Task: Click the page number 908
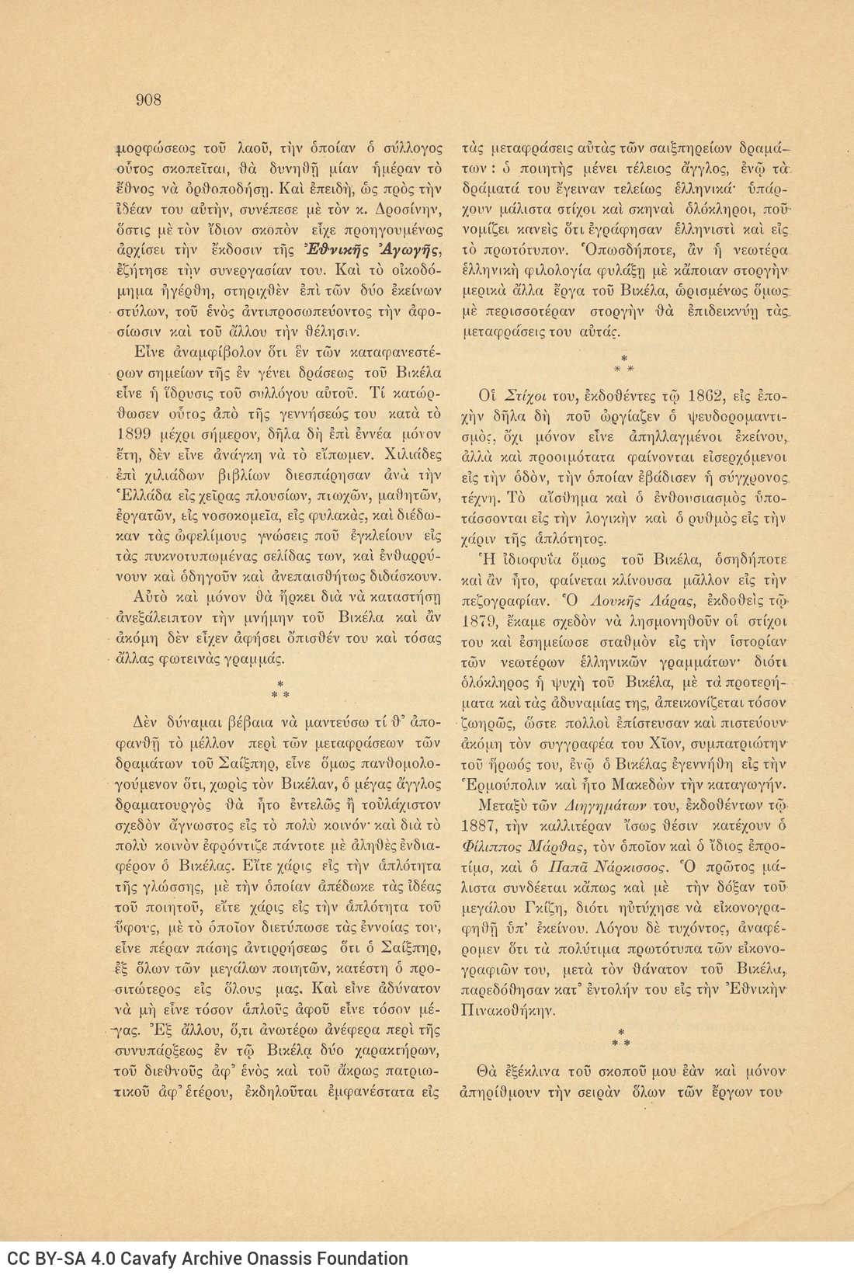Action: point(148,99)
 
